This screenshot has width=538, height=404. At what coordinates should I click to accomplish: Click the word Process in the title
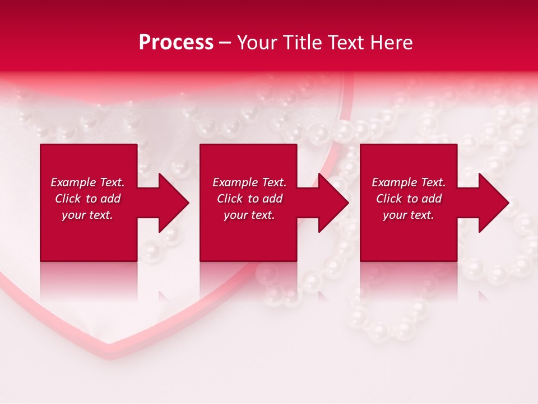176,43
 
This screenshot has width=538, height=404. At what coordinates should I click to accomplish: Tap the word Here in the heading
391,43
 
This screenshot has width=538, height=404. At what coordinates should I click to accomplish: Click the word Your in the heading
257,43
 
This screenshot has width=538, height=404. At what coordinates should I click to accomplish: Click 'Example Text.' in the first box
87,182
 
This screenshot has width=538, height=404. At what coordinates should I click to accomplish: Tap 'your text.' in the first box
87,215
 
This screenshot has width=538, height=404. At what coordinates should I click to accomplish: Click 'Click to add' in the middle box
249,199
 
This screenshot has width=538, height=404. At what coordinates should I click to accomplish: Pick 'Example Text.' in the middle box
249,182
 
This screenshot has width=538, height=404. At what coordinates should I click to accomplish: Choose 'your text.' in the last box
409,215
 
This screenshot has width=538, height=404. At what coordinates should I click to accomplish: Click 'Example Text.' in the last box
409,182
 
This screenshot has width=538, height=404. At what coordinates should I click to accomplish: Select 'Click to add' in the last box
409,199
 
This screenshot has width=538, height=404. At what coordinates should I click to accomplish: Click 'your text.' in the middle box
249,215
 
